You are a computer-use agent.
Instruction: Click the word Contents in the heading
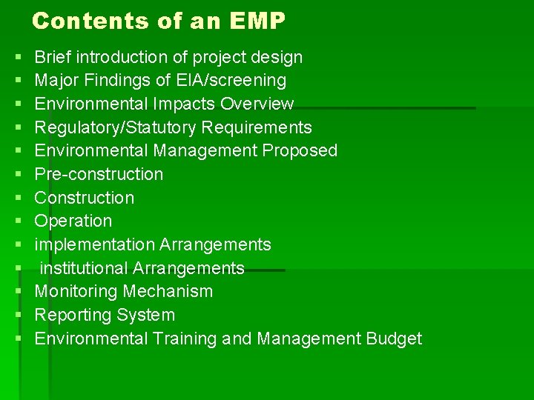(x=80, y=21)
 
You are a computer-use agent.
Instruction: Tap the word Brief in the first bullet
(x=53, y=57)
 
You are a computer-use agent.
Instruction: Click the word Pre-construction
(x=99, y=174)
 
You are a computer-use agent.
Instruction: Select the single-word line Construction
(x=85, y=198)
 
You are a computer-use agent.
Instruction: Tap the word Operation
(x=73, y=221)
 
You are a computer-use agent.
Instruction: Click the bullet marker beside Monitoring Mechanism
(x=16, y=292)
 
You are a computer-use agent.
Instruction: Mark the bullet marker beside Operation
(x=16, y=221)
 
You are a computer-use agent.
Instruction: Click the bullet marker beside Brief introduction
(x=16, y=58)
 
